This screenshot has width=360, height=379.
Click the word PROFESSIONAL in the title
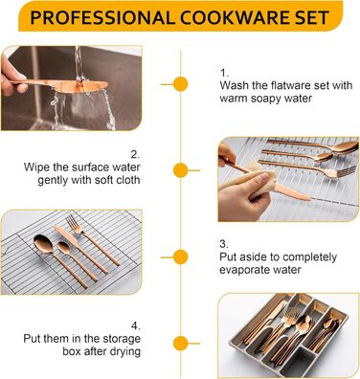tap(101, 17)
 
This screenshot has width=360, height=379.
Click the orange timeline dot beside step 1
tap(181, 84)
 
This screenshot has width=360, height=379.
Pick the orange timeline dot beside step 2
tap(181, 170)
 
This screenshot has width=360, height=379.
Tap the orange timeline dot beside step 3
tap(181, 256)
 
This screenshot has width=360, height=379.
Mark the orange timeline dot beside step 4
tap(181, 344)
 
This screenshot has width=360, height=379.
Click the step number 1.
tap(224, 73)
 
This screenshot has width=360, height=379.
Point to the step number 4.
tap(135, 325)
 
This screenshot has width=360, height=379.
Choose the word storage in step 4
tap(123, 339)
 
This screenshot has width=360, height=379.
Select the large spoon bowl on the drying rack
tap(43, 243)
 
